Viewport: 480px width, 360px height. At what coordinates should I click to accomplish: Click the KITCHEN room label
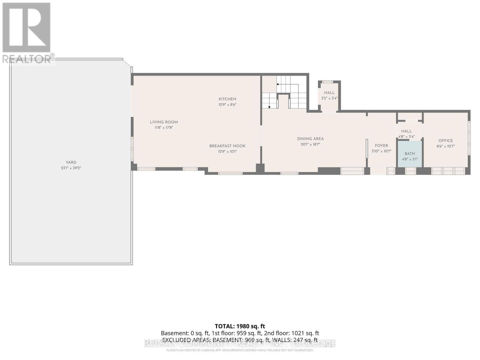click(x=227, y=99)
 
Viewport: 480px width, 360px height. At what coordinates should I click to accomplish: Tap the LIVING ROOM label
click(x=164, y=122)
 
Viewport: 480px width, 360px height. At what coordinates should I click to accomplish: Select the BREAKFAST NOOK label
click(x=227, y=146)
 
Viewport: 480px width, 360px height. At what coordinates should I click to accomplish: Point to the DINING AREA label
click(x=310, y=139)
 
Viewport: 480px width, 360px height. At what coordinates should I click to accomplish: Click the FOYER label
click(x=381, y=145)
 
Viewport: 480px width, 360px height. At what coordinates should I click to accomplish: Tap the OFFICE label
click(x=445, y=141)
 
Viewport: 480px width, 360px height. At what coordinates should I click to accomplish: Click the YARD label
click(x=71, y=162)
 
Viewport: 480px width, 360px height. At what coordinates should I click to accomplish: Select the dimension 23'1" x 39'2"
click(x=71, y=168)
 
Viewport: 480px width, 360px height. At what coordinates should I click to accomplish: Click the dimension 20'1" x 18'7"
click(x=310, y=144)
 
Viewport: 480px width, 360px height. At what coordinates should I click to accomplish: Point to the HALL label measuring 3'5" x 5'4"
click(x=329, y=93)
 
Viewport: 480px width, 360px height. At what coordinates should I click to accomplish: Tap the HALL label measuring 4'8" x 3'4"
click(x=406, y=131)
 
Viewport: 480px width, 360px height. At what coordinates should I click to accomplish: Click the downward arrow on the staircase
click(x=269, y=107)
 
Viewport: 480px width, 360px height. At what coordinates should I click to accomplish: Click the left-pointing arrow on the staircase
click(x=278, y=84)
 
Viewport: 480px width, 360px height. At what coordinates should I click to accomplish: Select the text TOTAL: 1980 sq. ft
click(x=240, y=326)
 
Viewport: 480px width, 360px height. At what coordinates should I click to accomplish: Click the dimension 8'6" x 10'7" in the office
click(x=445, y=146)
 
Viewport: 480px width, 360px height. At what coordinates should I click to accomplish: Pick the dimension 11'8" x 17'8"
click(x=164, y=128)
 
